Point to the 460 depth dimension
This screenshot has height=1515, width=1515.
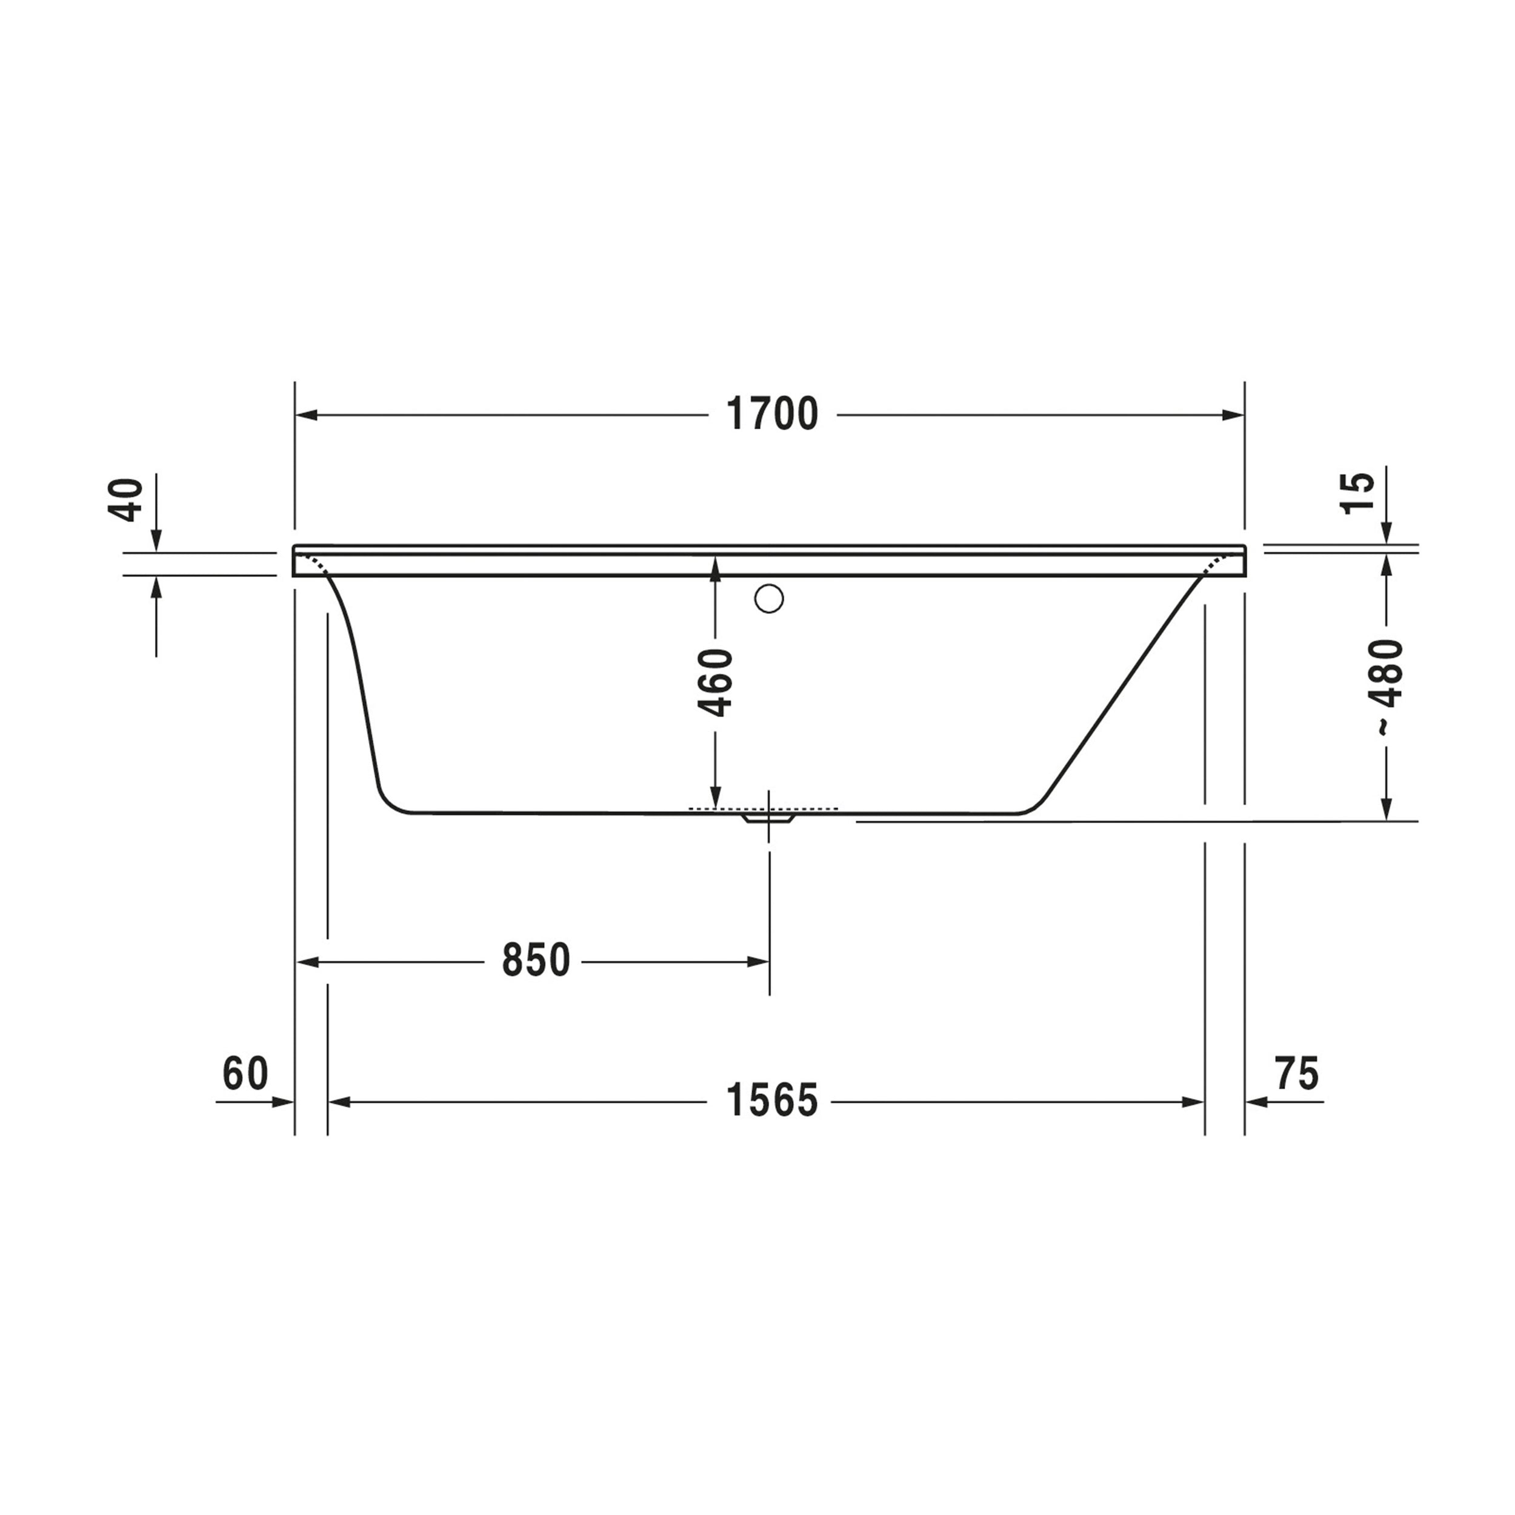[x=715, y=682]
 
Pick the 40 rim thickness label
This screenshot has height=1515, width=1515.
[x=125, y=499]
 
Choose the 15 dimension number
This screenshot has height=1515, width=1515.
[x=1359, y=493]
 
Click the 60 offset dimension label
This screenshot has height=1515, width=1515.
[x=245, y=1073]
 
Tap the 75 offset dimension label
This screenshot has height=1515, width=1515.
[x=1297, y=1073]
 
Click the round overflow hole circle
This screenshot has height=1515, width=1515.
[x=769, y=598]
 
